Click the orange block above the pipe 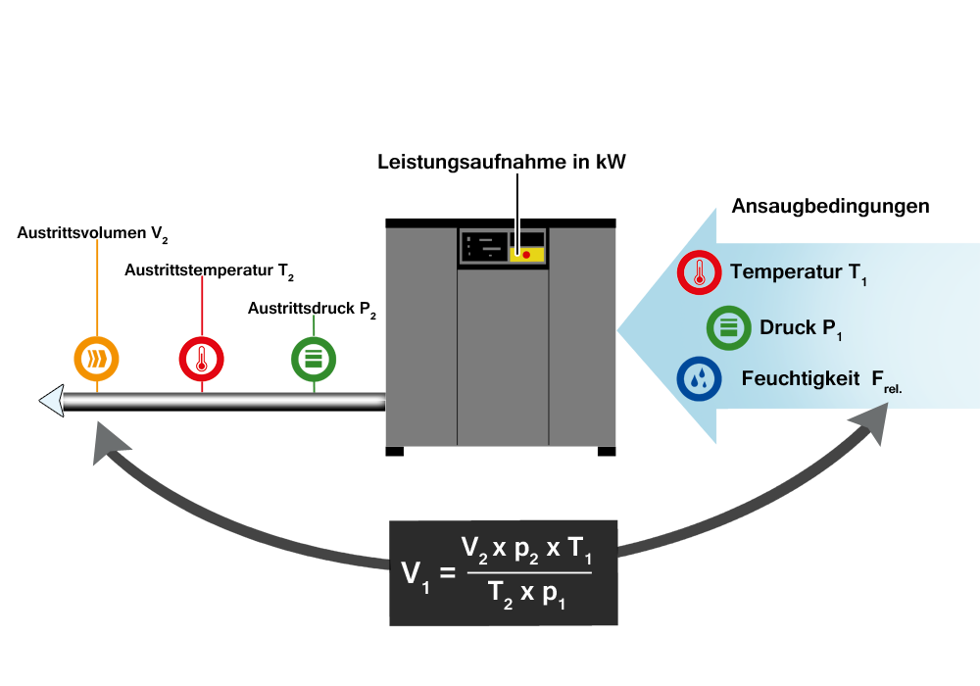click(x=97, y=359)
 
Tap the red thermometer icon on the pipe click(x=202, y=360)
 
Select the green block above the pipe click(x=314, y=360)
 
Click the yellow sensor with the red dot click(x=526, y=255)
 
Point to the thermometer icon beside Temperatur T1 click(x=700, y=272)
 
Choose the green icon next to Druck click(x=729, y=328)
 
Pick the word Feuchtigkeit click(x=801, y=379)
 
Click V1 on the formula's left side click(x=415, y=574)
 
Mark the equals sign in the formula click(x=448, y=572)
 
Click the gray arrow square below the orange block click(x=113, y=444)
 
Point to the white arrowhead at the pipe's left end click(x=51, y=402)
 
